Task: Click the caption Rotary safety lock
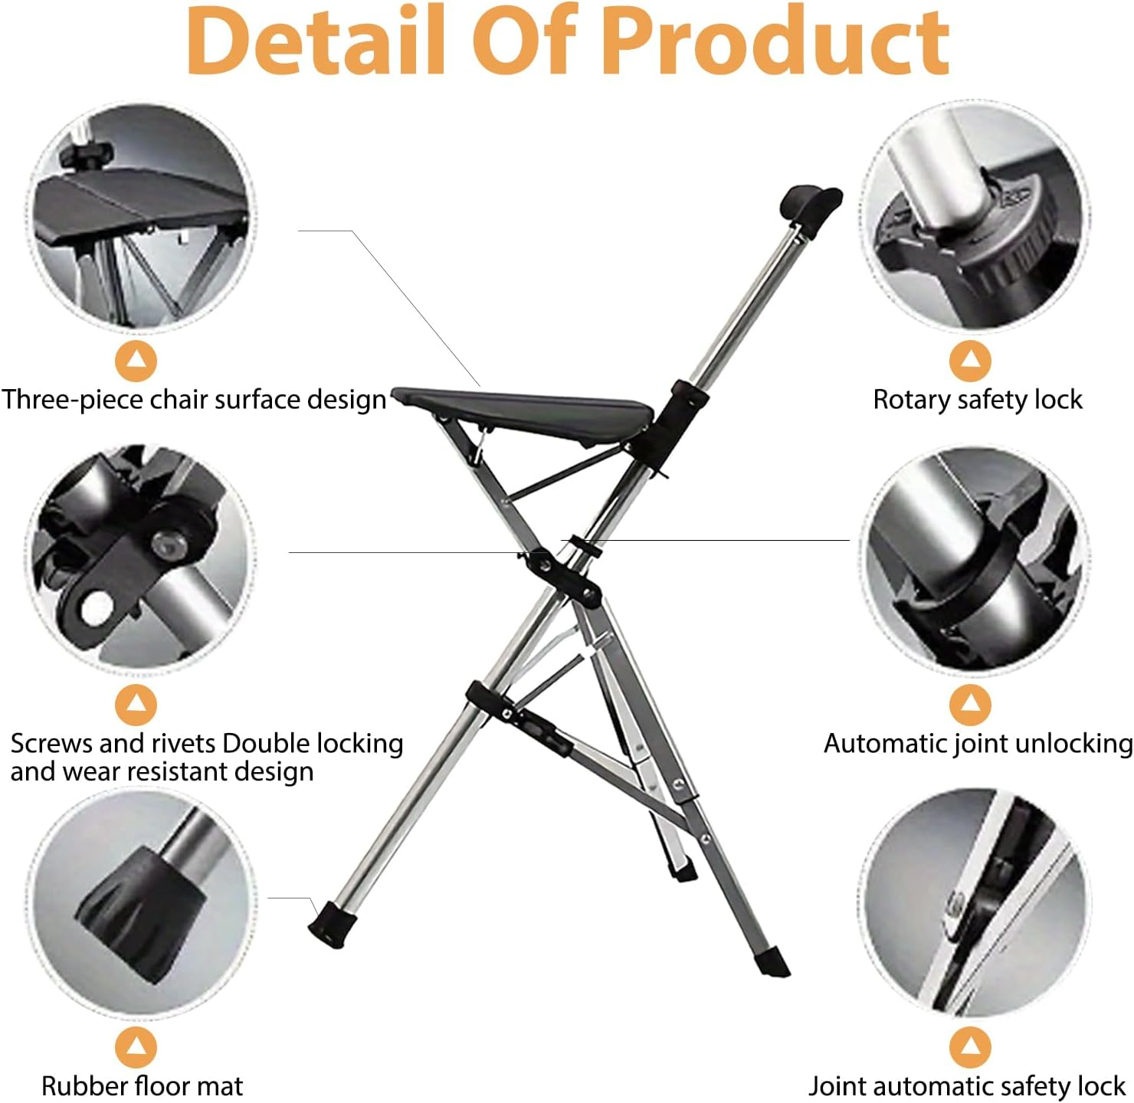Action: [x=978, y=400]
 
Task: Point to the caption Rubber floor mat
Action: [x=142, y=1086]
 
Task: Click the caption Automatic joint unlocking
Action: [x=978, y=744]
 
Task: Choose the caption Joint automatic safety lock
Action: [x=967, y=1086]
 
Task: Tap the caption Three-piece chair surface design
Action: [x=193, y=400]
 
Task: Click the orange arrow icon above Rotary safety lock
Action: [x=970, y=360]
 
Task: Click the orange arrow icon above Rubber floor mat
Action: [x=136, y=1047]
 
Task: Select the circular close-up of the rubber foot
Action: [x=142, y=904]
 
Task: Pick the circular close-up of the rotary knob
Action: [x=975, y=216]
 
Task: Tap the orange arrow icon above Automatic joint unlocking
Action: [x=970, y=704]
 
